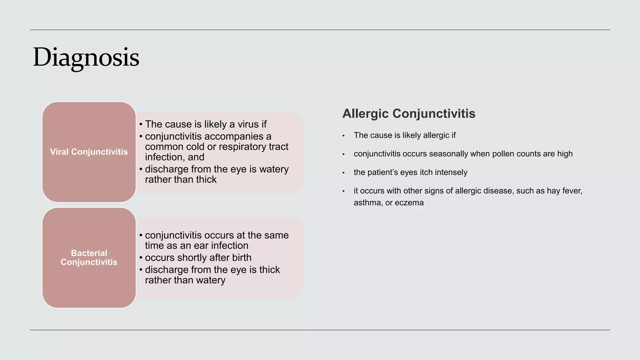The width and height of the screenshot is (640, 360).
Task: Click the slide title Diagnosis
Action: coord(86,57)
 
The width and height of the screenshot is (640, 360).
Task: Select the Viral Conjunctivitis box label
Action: coord(89,152)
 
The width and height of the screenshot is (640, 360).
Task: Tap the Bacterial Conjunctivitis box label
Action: coord(89,257)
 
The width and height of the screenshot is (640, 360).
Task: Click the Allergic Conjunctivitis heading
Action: coord(409,113)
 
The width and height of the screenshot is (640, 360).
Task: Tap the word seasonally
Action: coord(448,154)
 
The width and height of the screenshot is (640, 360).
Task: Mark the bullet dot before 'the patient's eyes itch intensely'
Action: coord(343,173)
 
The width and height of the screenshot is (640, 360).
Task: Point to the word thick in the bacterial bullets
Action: coord(267,270)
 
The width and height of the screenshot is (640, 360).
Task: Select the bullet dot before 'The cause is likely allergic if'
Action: coord(343,136)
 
